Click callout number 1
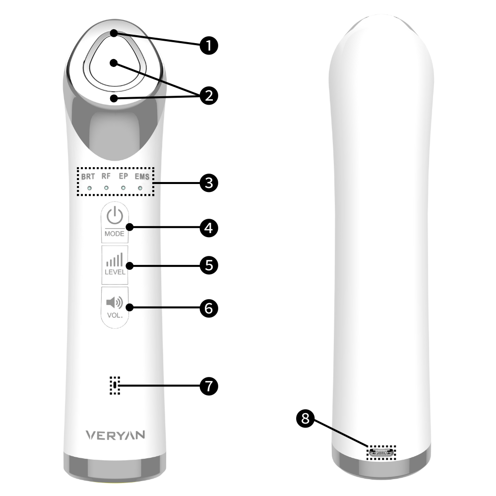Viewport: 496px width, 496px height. (x=209, y=45)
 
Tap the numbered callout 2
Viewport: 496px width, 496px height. (x=209, y=96)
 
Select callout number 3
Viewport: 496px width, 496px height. (x=209, y=183)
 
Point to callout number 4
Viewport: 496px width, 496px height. (x=209, y=228)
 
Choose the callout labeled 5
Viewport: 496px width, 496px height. (x=209, y=265)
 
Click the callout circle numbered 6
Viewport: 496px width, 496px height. (x=209, y=308)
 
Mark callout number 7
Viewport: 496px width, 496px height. (x=209, y=386)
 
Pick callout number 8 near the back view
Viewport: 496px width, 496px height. (x=305, y=419)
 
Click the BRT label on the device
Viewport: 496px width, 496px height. (x=88, y=177)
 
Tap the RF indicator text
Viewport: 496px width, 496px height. (x=106, y=176)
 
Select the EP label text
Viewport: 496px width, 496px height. (x=124, y=176)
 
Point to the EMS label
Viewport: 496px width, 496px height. (x=142, y=177)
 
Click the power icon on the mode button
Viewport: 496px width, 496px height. (x=115, y=215)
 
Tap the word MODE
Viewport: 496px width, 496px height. (x=115, y=234)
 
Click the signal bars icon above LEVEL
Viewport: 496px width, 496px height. (x=115, y=260)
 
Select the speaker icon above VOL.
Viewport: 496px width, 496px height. (x=115, y=303)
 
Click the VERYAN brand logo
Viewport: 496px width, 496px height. (x=116, y=435)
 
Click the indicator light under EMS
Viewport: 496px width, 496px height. (x=140, y=188)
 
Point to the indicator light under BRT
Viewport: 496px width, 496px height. (x=89, y=188)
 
